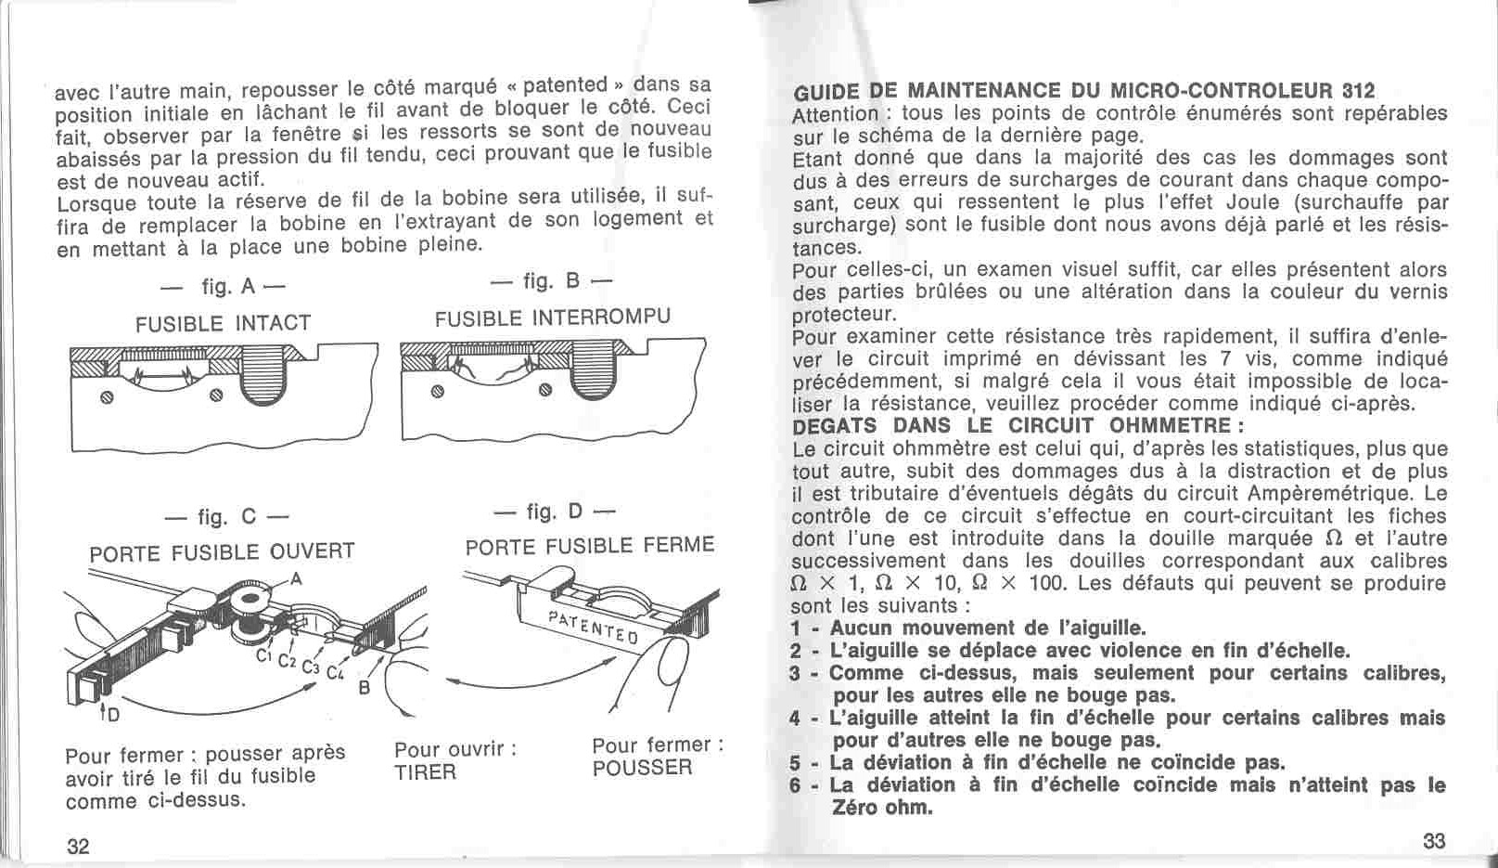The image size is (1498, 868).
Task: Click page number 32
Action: coord(78,845)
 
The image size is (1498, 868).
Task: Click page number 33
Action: coord(1433,841)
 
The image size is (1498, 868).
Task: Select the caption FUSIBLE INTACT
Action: coord(223,324)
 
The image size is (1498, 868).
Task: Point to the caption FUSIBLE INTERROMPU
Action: coord(552,317)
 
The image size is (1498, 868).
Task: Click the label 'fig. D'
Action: coord(554,512)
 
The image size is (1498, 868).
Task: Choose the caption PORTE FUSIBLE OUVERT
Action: coord(222,551)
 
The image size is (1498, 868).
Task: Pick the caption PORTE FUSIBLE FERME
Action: coord(590,545)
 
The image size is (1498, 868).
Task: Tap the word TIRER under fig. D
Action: coord(425,772)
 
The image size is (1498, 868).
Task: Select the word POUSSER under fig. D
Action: coord(642,768)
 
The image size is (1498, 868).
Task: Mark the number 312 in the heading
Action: coord(1357,91)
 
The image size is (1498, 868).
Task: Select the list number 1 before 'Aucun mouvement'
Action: coord(796,628)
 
